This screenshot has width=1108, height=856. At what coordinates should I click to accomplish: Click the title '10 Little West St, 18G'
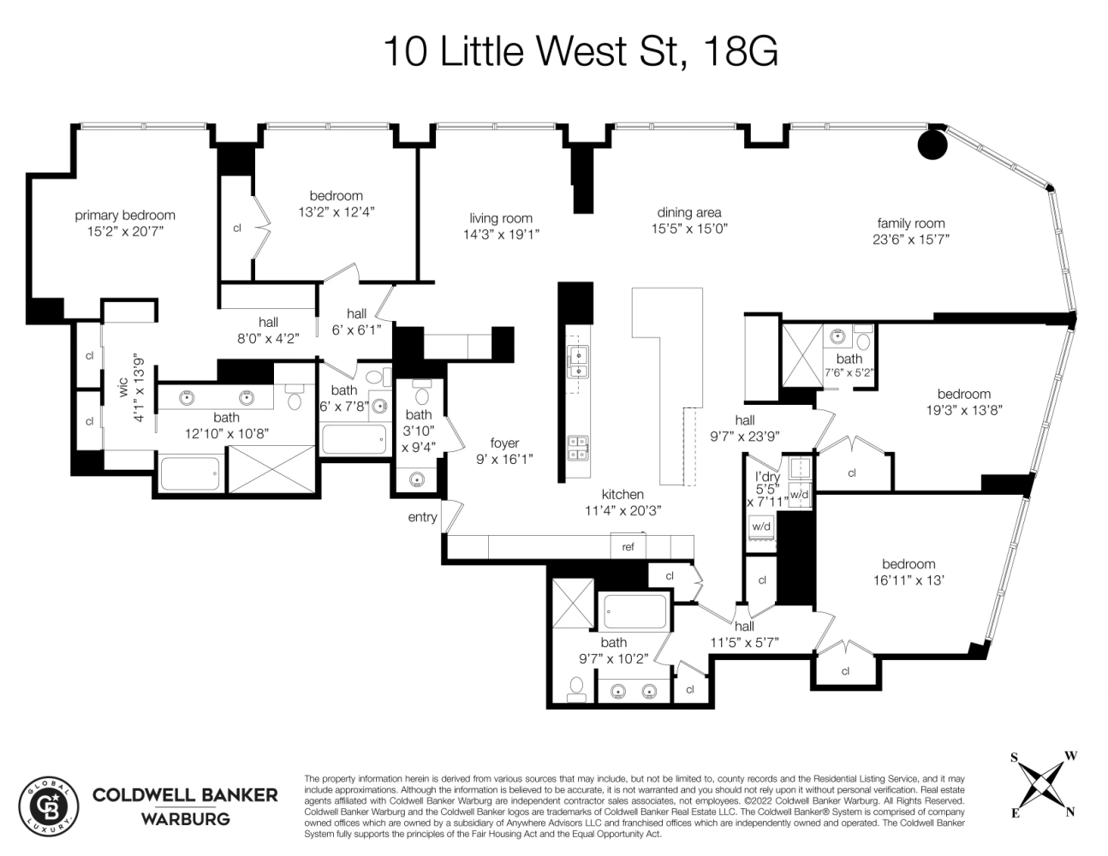click(580, 51)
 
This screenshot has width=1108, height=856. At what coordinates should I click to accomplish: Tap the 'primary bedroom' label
click(124, 216)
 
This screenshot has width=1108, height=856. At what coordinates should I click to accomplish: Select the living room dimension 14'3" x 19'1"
click(501, 234)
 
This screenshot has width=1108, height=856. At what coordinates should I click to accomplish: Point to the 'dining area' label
click(688, 212)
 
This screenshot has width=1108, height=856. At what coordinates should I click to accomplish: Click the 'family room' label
click(910, 223)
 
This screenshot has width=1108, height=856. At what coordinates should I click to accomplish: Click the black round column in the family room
click(932, 144)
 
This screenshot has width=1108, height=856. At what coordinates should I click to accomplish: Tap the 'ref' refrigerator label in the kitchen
click(628, 547)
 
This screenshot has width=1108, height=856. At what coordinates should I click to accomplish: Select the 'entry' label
click(422, 517)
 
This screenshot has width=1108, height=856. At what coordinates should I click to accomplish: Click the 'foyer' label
click(504, 443)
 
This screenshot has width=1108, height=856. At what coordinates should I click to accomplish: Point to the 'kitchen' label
click(622, 494)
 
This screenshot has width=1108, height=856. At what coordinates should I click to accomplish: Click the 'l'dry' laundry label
click(766, 476)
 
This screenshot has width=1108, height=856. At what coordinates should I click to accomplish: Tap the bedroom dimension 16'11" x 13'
click(908, 580)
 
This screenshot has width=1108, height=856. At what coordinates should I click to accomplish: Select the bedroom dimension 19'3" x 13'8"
click(963, 410)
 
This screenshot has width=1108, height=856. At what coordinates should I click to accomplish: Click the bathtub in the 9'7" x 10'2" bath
click(634, 612)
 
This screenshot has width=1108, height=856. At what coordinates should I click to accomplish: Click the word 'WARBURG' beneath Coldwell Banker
click(185, 818)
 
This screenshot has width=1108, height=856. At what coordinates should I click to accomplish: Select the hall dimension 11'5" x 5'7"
click(744, 642)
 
